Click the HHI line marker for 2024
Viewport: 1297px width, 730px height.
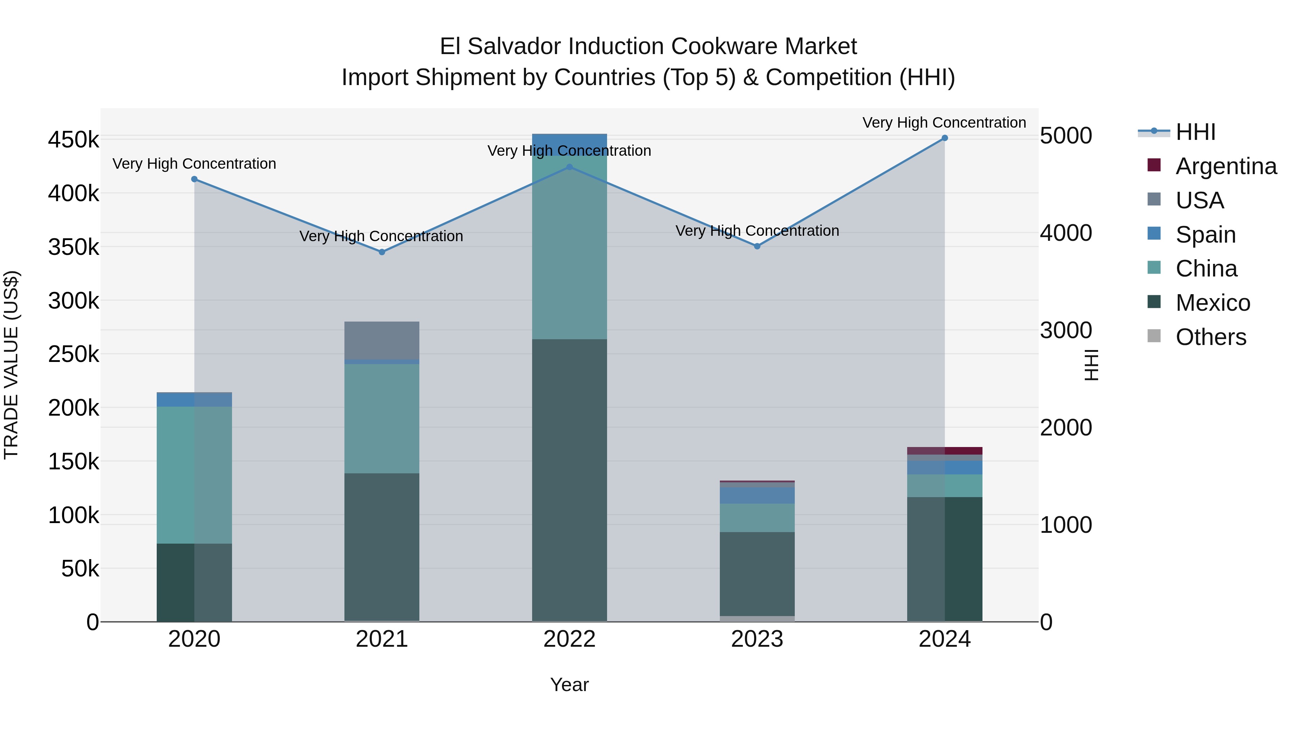point(945,138)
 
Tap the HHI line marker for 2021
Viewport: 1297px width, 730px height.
point(382,252)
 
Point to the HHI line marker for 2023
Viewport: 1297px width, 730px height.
point(757,246)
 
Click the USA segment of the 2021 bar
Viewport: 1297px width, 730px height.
point(382,340)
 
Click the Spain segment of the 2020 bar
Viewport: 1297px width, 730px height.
point(194,399)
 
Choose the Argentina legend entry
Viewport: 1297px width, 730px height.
point(1226,166)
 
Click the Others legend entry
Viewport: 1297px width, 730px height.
point(1211,337)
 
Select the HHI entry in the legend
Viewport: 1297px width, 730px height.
point(1195,132)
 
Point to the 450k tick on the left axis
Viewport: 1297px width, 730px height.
point(73,140)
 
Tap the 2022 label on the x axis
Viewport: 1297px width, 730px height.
point(570,639)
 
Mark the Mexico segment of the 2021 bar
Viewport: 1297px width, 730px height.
point(382,547)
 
